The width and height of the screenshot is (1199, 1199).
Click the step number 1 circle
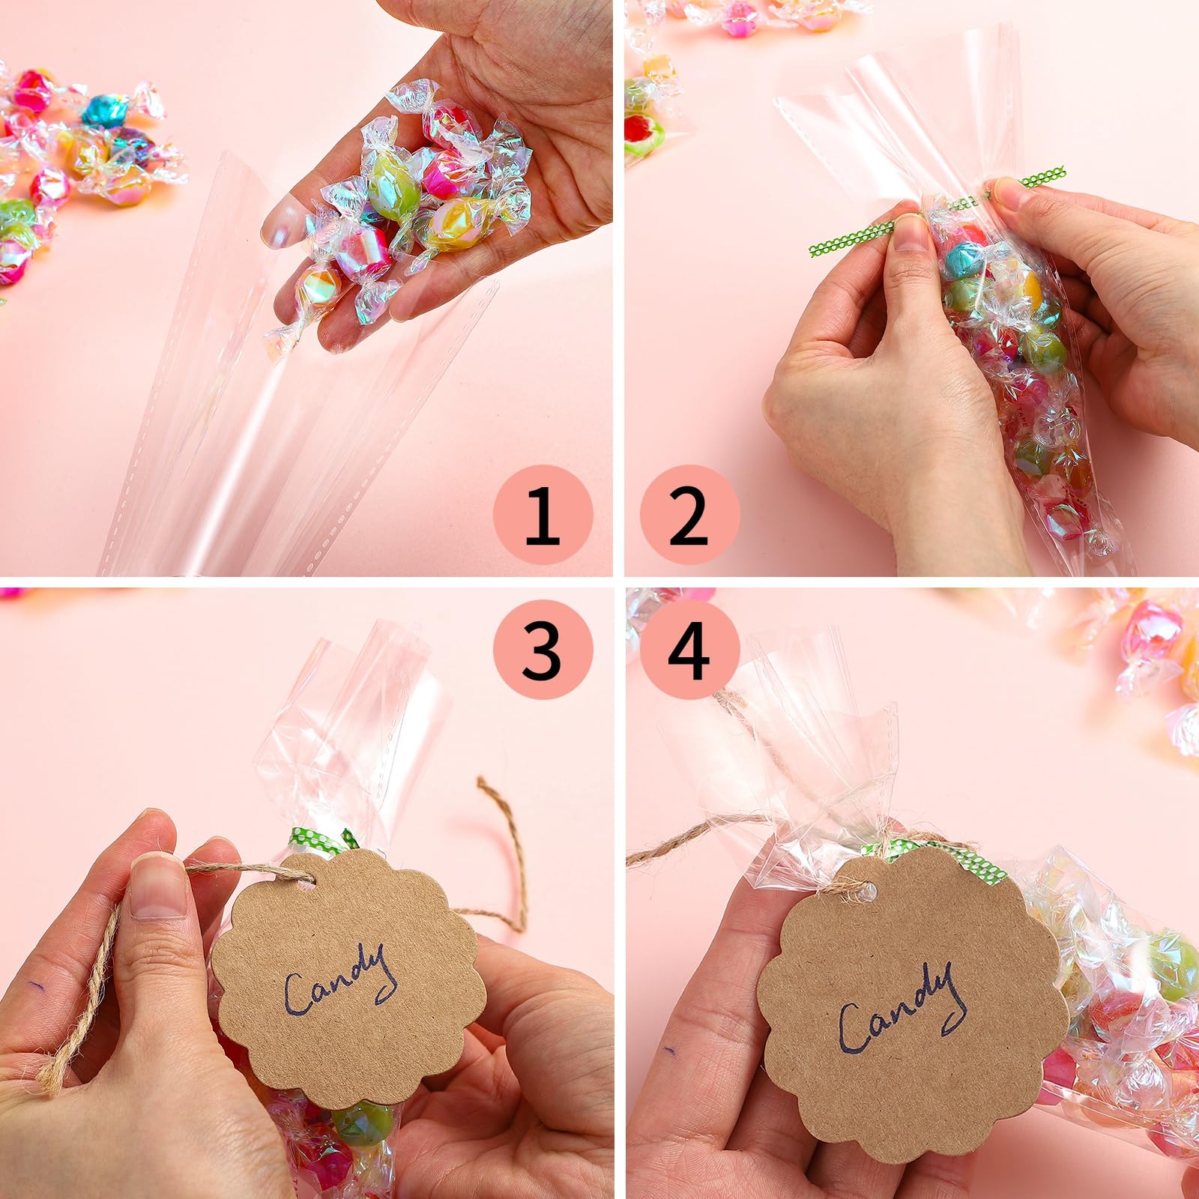pos(543,515)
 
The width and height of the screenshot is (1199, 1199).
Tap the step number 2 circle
pos(689,515)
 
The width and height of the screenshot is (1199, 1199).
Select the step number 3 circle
pos(543,649)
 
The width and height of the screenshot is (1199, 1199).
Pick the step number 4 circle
pos(689,649)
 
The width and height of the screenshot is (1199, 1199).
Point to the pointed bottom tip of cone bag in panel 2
pos(1098,543)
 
